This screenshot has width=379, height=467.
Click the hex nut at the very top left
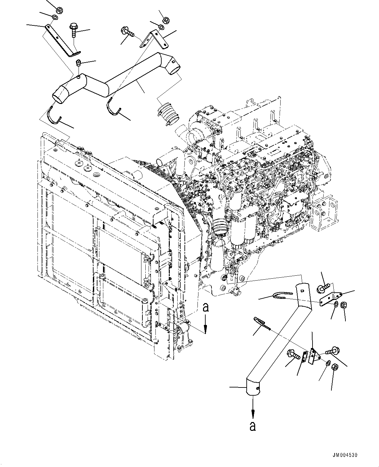(x=59, y=9)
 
